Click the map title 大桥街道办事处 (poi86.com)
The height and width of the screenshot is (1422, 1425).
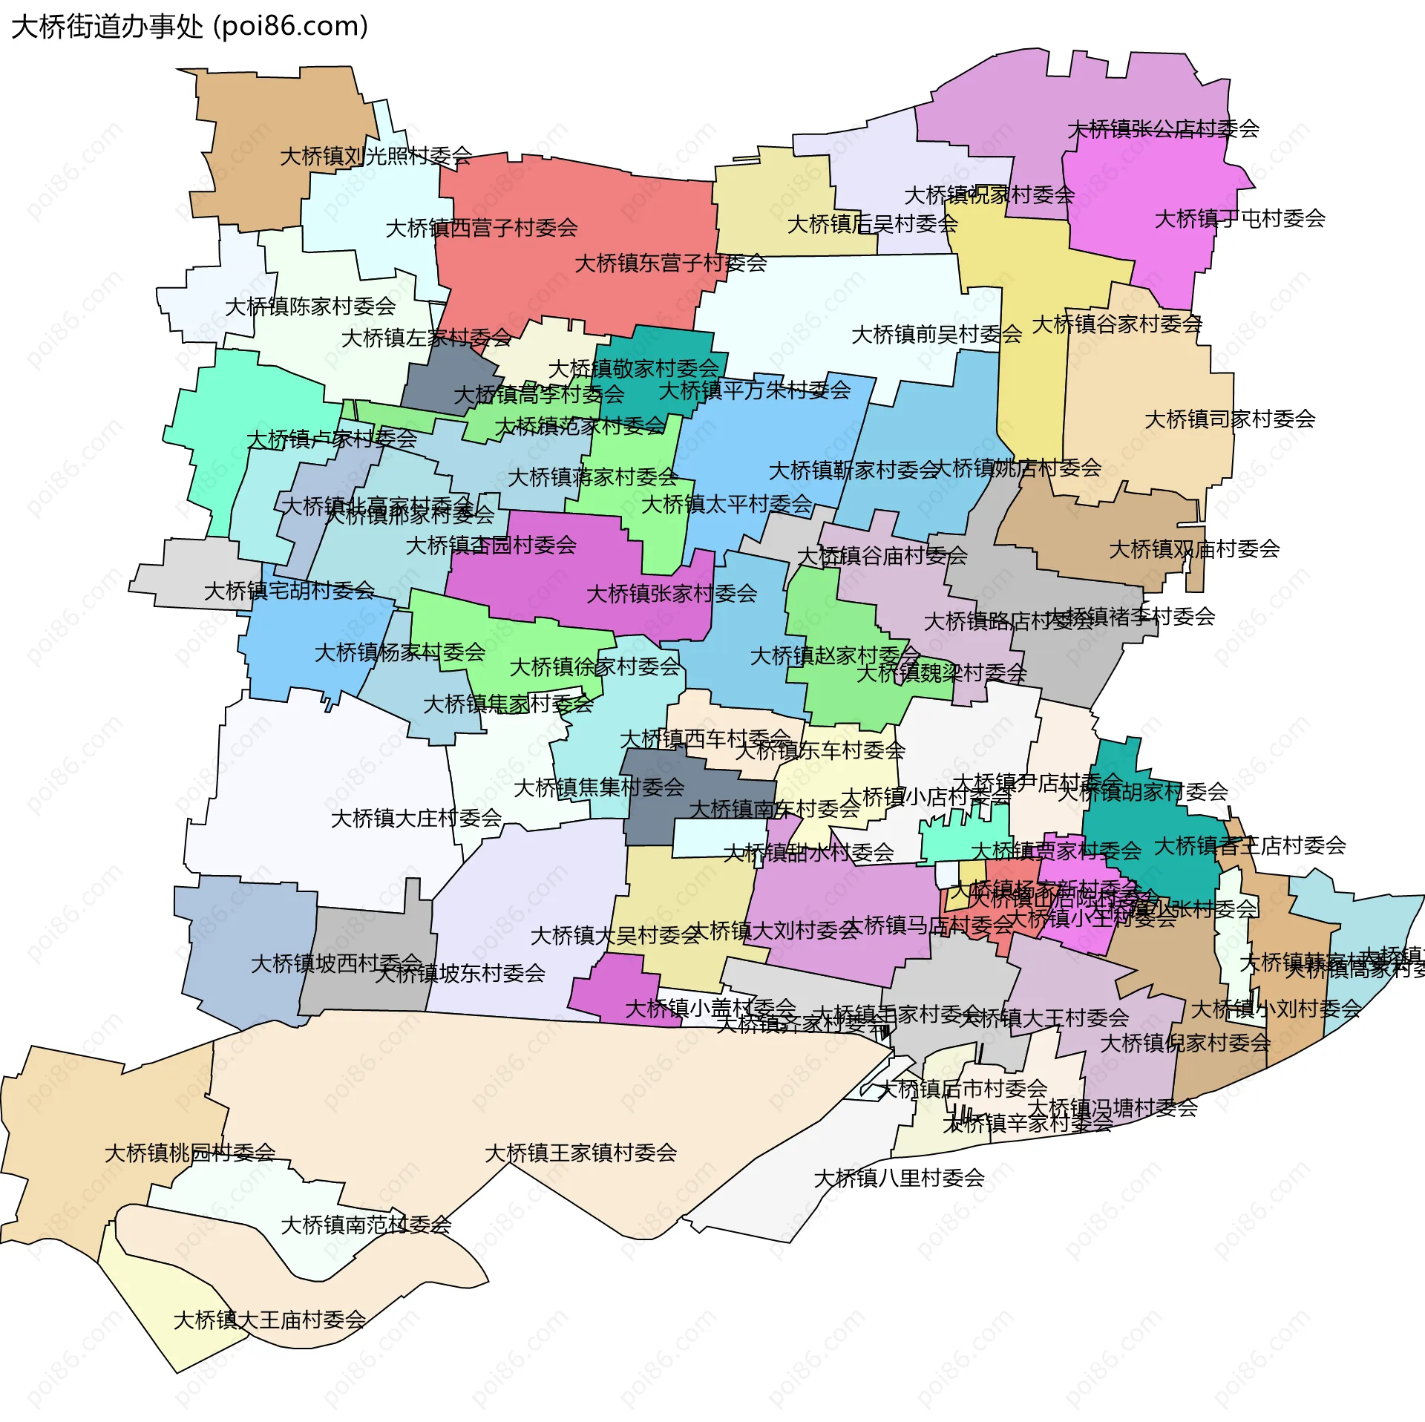click(190, 27)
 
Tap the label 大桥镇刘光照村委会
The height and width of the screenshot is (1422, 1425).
click(376, 156)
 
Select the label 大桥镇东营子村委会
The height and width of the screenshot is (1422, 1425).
click(670, 263)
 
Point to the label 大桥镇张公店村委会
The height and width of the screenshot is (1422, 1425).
click(1163, 129)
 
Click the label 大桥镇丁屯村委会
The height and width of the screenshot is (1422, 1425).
click(1239, 219)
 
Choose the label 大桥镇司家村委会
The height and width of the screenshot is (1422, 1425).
click(1230, 419)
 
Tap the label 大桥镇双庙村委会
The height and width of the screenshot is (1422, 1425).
click(1194, 549)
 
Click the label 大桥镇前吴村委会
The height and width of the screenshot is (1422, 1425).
click(937, 335)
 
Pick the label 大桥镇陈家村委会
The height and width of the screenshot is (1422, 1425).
click(310, 306)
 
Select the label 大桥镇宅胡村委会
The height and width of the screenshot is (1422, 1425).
click(289, 591)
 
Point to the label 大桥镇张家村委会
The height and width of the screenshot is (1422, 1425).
click(672, 594)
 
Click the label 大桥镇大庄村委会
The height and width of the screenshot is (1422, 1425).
click(416, 819)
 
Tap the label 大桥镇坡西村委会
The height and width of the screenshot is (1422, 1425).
click(336, 963)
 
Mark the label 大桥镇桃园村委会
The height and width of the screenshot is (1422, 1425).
click(190, 1153)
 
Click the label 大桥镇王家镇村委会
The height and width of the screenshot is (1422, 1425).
click(580, 1153)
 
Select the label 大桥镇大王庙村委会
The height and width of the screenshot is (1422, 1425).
click(269, 1320)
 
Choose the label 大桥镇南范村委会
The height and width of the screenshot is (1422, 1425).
click(366, 1225)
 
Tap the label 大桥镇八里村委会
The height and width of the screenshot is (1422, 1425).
click(899, 1178)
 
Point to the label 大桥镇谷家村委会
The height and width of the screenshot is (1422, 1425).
click(1117, 324)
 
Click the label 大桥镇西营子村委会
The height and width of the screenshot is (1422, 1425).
click(482, 228)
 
